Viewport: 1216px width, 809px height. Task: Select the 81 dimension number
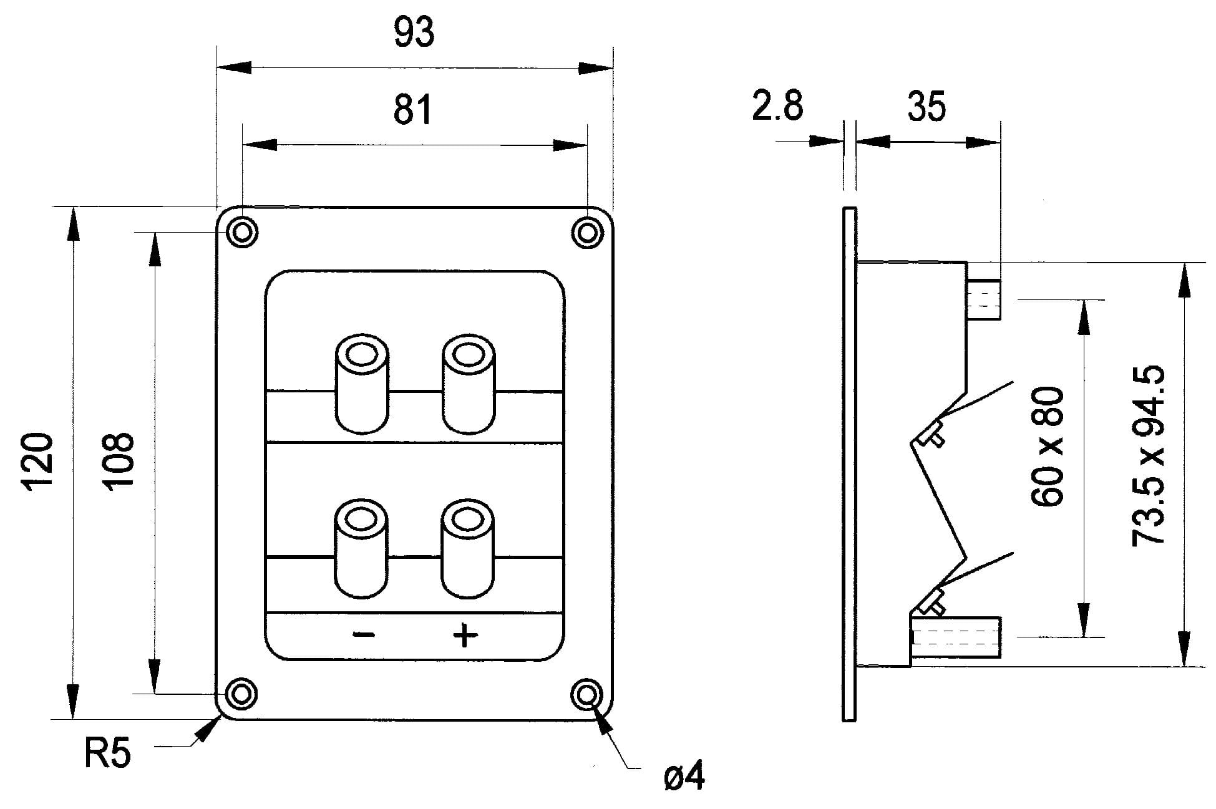(x=412, y=109)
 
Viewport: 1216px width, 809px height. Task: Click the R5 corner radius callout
(x=107, y=753)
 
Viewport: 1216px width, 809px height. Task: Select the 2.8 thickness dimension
(x=777, y=105)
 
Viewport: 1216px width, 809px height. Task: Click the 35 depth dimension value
(x=927, y=106)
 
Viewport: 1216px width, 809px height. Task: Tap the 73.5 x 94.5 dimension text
(x=1149, y=456)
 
